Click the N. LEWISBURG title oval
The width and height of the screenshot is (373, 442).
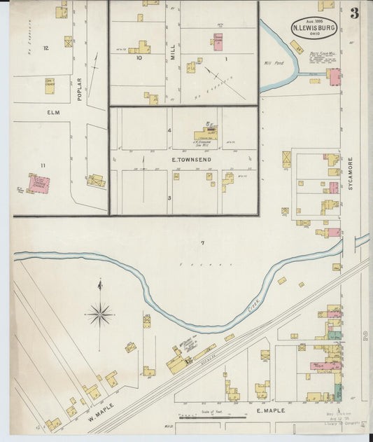(x=314, y=27)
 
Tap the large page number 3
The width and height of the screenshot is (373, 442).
(x=355, y=13)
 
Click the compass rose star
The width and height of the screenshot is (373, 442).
(x=101, y=315)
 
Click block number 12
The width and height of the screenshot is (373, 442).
(x=45, y=48)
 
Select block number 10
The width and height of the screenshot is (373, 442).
(x=139, y=58)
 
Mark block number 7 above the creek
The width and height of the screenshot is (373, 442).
(x=202, y=243)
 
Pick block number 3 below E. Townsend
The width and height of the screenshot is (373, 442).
(x=169, y=198)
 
